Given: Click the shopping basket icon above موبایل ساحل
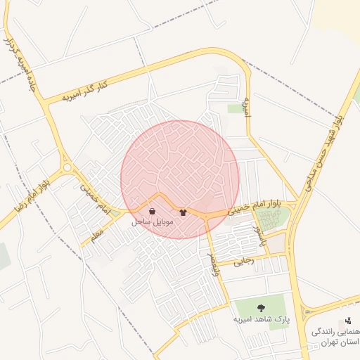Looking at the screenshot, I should pos(153,211).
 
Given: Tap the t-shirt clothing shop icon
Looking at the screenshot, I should pos(184,212).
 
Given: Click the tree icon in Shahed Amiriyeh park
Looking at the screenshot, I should pos(261,307).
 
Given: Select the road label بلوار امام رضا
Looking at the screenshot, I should pos(31,192).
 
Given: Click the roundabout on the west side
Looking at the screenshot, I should pos(67,168).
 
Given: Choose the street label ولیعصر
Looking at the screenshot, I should pos(217,264).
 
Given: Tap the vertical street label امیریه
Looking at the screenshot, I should pos(247,108).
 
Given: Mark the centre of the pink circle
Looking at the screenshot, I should pos(180,179).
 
